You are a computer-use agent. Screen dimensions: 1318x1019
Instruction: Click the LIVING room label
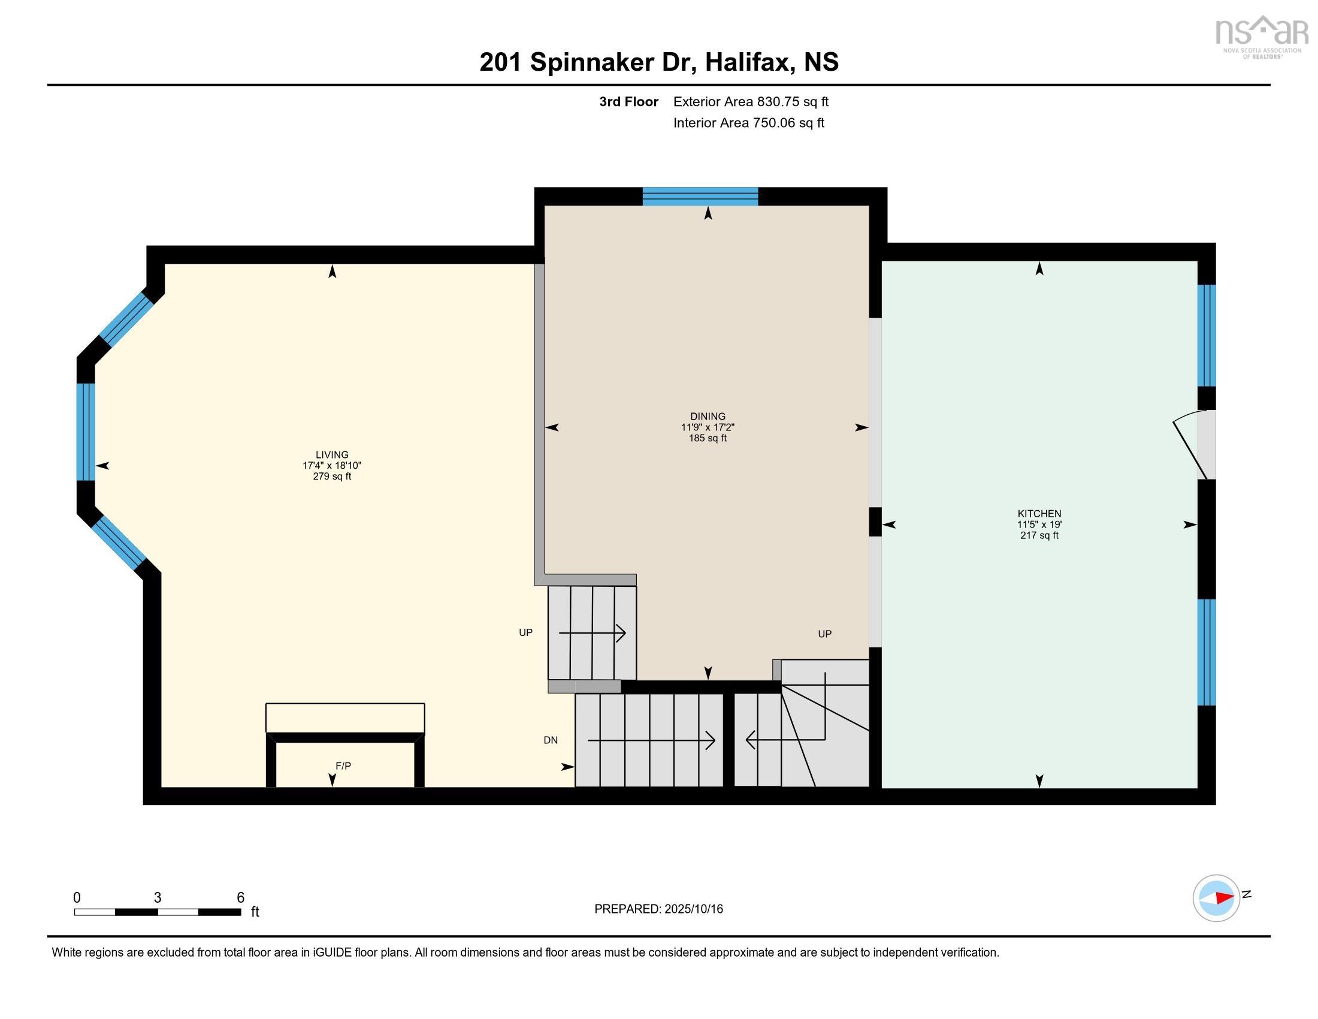(332, 454)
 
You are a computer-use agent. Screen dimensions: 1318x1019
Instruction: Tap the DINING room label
(708, 416)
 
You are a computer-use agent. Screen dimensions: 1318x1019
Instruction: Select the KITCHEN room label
(1039, 514)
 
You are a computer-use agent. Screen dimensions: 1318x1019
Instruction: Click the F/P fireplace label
(343, 765)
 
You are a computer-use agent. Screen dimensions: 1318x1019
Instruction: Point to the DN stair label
(551, 740)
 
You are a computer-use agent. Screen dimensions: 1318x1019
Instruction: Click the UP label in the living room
(525, 632)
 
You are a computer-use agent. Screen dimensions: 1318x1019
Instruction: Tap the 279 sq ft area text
(332, 477)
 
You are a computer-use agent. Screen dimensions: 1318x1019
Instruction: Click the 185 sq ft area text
(708, 438)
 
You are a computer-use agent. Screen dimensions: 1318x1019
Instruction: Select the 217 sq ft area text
(1039, 535)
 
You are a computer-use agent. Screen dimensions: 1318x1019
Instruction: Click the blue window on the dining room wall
(700, 197)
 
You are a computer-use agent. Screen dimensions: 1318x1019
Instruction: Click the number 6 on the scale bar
(240, 898)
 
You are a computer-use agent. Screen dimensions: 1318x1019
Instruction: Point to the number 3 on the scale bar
(158, 898)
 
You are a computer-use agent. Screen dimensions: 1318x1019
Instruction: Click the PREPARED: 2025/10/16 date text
(658, 909)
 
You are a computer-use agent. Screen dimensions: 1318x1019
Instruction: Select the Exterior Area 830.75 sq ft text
(751, 101)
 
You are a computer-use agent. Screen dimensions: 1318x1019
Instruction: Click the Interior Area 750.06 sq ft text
(748, 122)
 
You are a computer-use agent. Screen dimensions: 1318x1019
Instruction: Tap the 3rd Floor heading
(628, 101)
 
